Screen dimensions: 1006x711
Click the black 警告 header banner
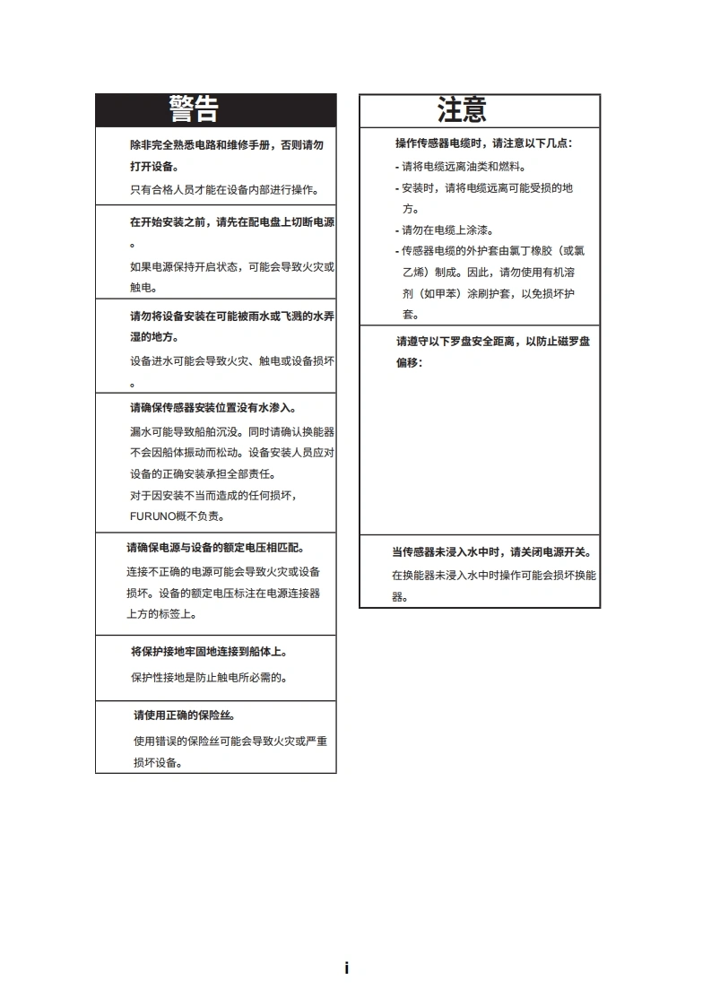point(216,109)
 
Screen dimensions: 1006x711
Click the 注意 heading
point(463,110)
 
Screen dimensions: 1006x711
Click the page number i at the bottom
point(347,968)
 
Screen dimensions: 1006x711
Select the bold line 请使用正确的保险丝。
point(185,715)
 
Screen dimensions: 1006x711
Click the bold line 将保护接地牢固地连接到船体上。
point(209,652)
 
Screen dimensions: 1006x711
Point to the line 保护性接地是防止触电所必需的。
point(209,677)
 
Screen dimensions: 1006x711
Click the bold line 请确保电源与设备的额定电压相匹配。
point(215,548)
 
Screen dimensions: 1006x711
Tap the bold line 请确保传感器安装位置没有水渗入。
point(212,408)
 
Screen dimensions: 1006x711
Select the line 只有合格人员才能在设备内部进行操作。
point(224,189)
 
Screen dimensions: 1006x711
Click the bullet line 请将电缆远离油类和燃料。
point(461,167)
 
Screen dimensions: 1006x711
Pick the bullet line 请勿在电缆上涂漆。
point(445,230)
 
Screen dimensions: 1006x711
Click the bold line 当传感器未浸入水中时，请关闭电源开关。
point(491,552)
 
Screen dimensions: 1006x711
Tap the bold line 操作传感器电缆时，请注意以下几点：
point(484,143)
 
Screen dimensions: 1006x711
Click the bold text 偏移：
point(409,363)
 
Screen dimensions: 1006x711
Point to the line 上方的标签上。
point(161,614)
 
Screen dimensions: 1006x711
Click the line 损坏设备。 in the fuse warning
point(158,763)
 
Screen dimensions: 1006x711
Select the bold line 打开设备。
point(153,167)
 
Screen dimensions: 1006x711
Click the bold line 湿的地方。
point(154,337)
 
